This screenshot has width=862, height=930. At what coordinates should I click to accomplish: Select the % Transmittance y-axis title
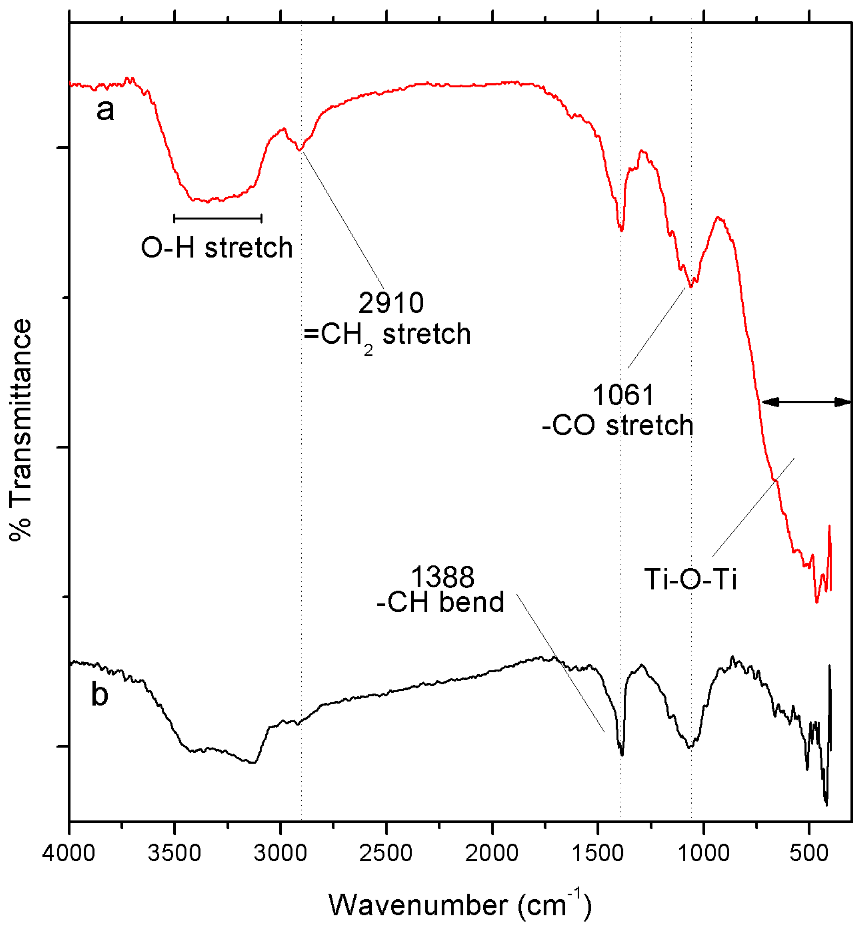(21, 429)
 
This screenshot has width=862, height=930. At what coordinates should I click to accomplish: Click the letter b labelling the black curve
(99, 694)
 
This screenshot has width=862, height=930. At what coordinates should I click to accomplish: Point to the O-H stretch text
(217, 247)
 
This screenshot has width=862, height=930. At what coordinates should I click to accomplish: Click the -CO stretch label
(618, 425)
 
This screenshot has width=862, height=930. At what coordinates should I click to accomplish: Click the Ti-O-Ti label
(690, 580)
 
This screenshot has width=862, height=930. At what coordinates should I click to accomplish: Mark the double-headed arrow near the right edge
(806, 402)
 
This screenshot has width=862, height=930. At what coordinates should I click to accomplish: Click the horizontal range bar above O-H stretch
(217, 218)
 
